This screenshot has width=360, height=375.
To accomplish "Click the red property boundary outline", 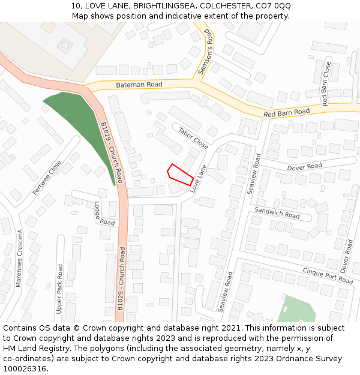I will coord(180,175).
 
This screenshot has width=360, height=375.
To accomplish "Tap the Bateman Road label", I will coord(139,85).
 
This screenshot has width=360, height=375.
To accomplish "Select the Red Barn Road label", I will coord(286,112).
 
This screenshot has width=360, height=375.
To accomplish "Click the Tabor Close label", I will coord(193,137).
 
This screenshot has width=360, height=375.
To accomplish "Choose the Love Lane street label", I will coord(199,178).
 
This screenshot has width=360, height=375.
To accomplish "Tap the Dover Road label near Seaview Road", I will coord(304,166).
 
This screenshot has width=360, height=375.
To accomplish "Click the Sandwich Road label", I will coord(277,212).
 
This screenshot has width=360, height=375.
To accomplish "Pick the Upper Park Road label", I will coord(59,289).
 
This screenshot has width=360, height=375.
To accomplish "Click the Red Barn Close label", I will coord(326,83).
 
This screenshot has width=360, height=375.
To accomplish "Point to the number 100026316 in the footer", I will coord(25,369).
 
